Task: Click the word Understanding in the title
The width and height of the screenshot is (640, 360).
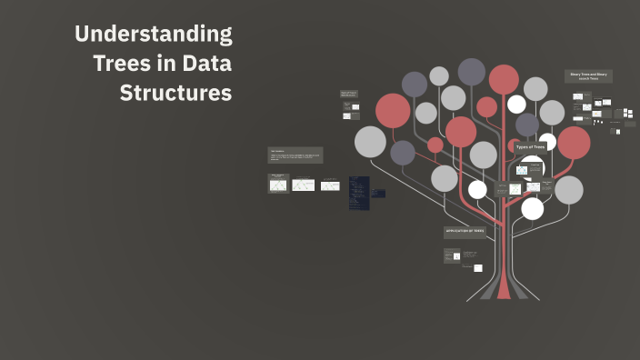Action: [153, 35]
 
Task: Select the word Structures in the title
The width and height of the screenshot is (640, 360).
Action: [175, 94]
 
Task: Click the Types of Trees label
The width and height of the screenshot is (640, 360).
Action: [530, 146]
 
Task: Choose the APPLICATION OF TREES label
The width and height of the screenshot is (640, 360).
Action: [465, 232]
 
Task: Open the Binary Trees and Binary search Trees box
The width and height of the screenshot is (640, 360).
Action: [588, 76]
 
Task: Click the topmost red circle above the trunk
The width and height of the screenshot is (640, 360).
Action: [504, 80]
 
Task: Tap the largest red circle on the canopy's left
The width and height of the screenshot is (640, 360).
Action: [393, 111]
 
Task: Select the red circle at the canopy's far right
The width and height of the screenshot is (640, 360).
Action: [574, 143]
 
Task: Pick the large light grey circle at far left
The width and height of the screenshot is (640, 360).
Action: [370, 142]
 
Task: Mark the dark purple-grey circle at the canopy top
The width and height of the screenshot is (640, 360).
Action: [471, 71]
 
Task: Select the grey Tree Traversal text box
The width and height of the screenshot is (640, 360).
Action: [295, 155]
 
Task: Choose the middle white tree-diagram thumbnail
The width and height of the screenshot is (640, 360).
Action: [303, 184]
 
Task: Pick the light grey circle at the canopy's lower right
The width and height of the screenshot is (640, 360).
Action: [568, 190]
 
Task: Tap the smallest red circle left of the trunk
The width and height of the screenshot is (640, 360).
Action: [435, 145]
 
